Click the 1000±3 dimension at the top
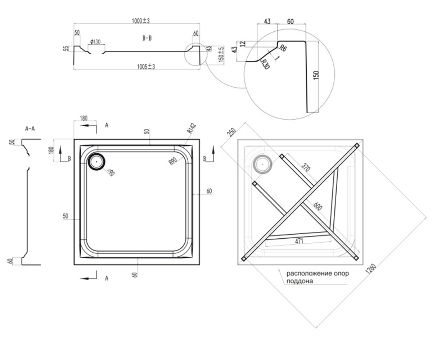pos(141,21)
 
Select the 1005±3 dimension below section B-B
pos(146,67)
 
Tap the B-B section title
pos(147,38)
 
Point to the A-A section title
pos(30,129)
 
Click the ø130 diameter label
pos(95,42)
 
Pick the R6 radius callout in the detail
pos(283,48)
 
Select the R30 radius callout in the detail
pos(265,64)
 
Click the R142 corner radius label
pos(192,128)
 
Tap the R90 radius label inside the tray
pos(173,161)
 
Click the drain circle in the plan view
pos(96,162)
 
